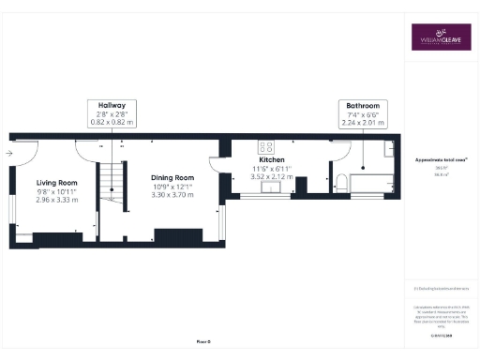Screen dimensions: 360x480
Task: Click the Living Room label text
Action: (x=56, y=182)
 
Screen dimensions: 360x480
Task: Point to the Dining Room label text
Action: (x=172, y=177)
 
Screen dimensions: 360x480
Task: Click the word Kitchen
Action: (x=271, y=159)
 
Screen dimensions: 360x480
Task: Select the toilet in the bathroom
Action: (x=340, y=180)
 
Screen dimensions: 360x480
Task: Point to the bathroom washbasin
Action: (x=387, y=147)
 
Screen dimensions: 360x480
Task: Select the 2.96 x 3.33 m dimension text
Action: (x=56, y=199)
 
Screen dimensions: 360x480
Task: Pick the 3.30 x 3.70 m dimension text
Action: (x=172, y=194)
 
